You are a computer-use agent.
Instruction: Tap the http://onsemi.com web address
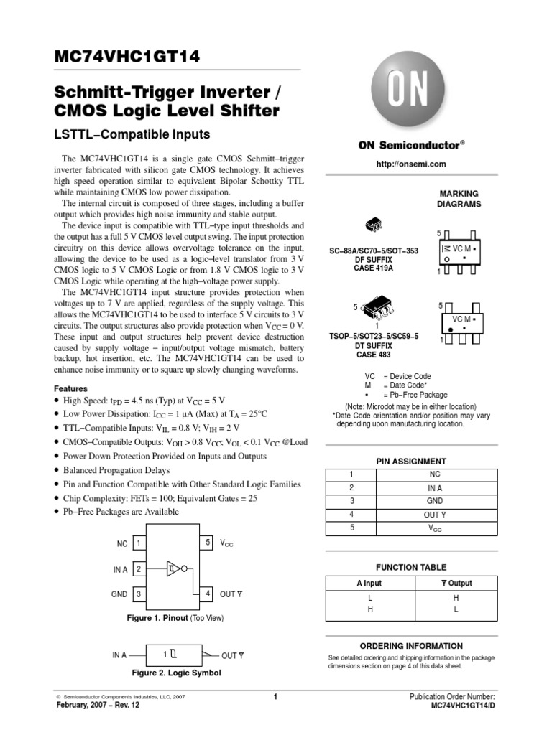tap(411, 164)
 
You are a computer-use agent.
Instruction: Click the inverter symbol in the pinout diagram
tap(175, 569)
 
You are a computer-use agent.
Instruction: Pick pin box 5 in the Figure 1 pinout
tap(208, 543)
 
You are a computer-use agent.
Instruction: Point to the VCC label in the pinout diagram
tap(226, 544)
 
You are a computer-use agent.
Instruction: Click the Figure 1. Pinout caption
tap(175, 617)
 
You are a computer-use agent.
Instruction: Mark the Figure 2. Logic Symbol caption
tap(176, 673)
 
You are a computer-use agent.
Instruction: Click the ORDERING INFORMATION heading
tap(411, 646)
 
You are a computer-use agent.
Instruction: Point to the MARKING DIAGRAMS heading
tap(458, 199)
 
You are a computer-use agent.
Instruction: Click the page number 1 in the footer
tap(276, 697)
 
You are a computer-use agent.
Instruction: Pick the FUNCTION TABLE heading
tap(411, 567)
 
